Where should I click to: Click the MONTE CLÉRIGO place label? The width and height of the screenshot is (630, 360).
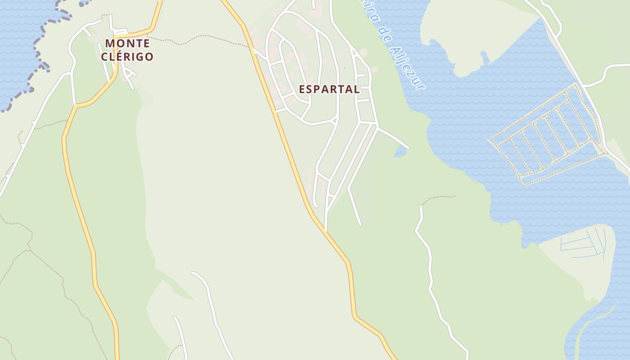[127, 50]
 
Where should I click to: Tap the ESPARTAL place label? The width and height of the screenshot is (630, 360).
[329, 89]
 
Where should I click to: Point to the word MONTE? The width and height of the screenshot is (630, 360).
[127, 44]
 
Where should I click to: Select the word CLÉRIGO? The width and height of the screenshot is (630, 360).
[127, 57]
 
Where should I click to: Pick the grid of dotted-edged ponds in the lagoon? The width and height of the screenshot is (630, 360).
[547, 135]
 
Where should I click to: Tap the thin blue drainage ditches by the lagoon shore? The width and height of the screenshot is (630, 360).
[585, 245]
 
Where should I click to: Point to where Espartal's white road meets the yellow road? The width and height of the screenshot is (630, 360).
[325, 230]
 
